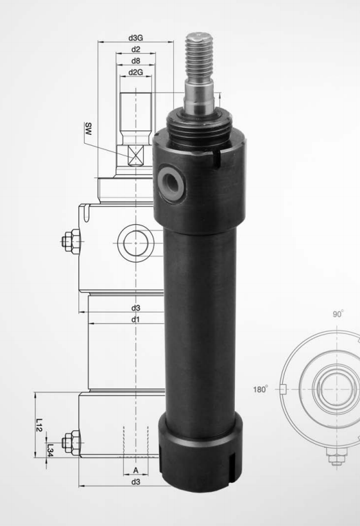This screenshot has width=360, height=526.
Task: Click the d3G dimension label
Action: click(135, 37)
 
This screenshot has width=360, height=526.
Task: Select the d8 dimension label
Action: click(135, 61)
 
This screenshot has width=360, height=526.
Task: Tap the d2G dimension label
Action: click(135, 72)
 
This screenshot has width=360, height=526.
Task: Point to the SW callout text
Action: click(88, 129)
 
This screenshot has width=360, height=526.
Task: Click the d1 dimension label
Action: click(135, 320)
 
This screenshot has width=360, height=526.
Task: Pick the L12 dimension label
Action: click(40, 425)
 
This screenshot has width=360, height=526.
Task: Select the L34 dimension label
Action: click(50, 450)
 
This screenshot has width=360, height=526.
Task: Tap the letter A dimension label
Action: click(135, 471)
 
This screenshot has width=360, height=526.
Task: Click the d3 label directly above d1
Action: click(135, 308)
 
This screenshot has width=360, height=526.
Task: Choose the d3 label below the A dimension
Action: click(135, 482)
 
